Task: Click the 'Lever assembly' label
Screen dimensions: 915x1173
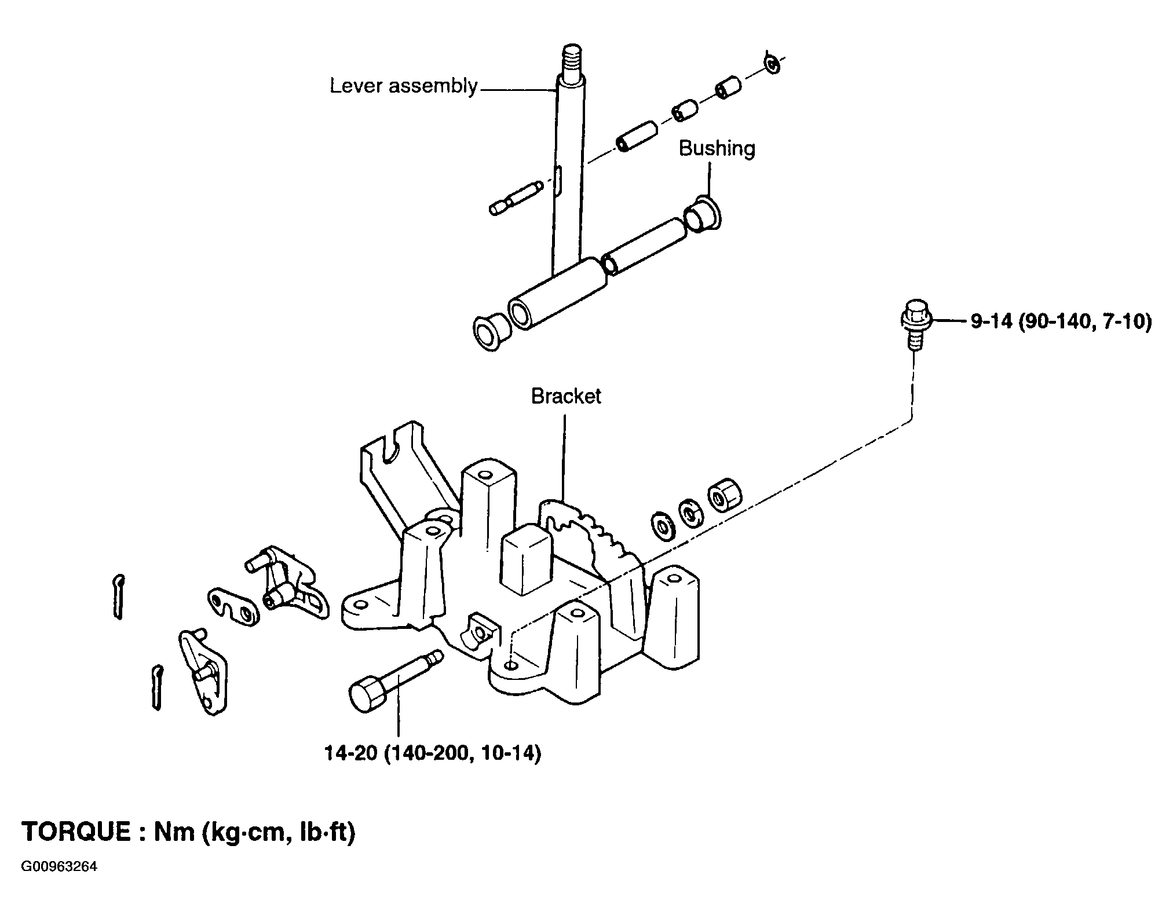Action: pos(404,87)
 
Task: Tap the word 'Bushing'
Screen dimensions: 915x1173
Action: pos(717,149)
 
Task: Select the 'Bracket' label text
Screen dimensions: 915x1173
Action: pos(566,396)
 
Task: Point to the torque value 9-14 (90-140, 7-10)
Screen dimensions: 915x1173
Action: pos(1061,321)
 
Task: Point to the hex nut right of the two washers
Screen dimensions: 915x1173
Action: pos(725,496)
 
